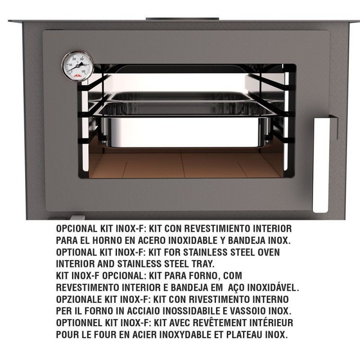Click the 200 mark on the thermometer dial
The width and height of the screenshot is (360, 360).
pyautogui.click(x=74, y=59)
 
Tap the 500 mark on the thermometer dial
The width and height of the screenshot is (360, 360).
pyautogui.click(x=83, y=72)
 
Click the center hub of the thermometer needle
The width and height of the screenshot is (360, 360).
pyautogui.click(x=77, y=66)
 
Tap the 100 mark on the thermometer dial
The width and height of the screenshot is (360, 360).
pyautogui.click(x=71, y=65)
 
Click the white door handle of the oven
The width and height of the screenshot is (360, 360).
pyautogui.click(x=321, y=165)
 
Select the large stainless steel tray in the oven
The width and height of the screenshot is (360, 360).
pyautogui.click(x=185, y=125)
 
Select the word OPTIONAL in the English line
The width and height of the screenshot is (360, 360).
pyautogui.click(x=76, y=252)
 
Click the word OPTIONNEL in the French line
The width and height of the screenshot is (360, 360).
pyautogui.click(x=79, y=323)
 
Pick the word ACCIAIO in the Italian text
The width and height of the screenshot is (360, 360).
pyautogui.click(x=144, y=311)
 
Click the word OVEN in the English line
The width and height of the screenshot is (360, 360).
pyautogui.click(x=269, y=252)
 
